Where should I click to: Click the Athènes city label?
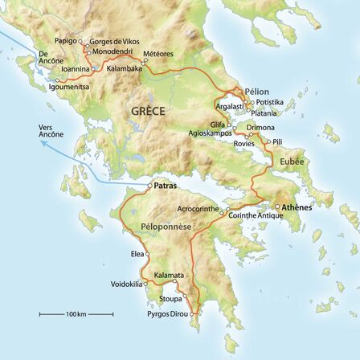point(297,207)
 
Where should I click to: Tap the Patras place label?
point(165,186)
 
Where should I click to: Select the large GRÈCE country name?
point(147,111)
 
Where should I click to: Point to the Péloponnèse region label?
point(166,227)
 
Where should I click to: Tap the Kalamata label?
point(170,274)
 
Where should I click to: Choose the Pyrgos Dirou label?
point(166,313)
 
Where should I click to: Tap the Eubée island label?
point(292,161)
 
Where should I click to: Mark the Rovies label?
point(243,142)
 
